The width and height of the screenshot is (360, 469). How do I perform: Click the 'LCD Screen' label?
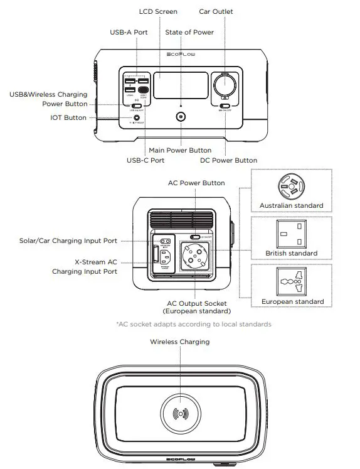point(157,11)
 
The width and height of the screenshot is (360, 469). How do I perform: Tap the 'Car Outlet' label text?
point(216,11)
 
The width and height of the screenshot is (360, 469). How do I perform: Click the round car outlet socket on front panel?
point(225,84)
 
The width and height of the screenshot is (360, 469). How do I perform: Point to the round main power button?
point(181,117)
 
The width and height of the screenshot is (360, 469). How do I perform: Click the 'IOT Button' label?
point(68,117)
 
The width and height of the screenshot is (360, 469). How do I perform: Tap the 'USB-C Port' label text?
point(146,160)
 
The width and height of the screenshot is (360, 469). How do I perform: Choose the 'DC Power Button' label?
point(228,160)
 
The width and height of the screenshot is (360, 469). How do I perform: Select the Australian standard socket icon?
point(291,186)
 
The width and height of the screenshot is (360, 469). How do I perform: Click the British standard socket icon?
point(291,234)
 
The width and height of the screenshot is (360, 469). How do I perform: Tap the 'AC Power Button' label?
point(196,183)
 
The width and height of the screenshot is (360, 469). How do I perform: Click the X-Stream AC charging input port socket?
point(166,258)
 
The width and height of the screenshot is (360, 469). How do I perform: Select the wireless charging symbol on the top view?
point(180,414)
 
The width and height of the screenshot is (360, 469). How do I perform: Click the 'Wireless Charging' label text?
point(179,342)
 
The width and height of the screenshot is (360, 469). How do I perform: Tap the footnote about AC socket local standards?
point(193,324)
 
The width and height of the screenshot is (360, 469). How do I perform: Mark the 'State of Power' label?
point(189,32)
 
